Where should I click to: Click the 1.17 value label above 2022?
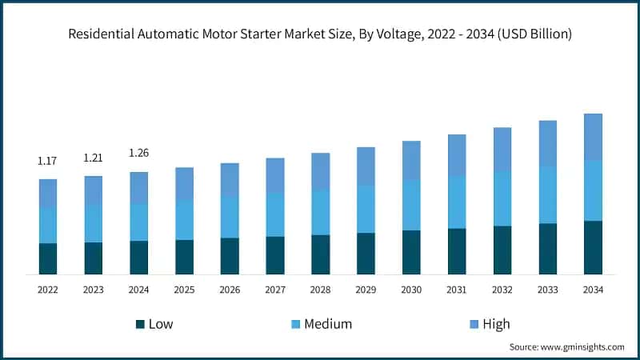pyautogui.click(x=47, y=162)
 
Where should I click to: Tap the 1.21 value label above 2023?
pyautogui.click(x=94, y=158)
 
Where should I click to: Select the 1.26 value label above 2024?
pyautogui.click(x=139, y=153)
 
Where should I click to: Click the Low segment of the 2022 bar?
pyautogui.click(x=48, y=258)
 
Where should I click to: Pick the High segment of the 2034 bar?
pyautogui.click(x=593, y=137)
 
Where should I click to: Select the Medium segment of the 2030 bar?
pyautogui.click(x=411, y=205)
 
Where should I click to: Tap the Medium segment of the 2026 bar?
pyautogui.click(x=230, y=216)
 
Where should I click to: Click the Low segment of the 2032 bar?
pyautogui.click(x=502, y=250)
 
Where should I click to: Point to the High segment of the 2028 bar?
pyautogui.click(x=321, y=171)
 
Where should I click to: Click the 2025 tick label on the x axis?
pyautogui.click(x=184, y=289)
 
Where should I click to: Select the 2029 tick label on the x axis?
pyautogui.click(x=366, y=289)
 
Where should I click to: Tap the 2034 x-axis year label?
pyautogui.click(x=593, y=289)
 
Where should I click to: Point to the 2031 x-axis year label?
pyautogui.click(x=457, y=289)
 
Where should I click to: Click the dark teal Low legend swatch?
pyautogui.click(x=140, y=324)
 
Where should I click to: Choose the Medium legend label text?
pyautogui.click(x=328, y=324)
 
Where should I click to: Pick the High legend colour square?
pyautogui.click(x=474, y=324)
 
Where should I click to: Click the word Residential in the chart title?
pyautogui.click(x=102, y=34)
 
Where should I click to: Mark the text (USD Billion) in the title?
pyautogui.click(x=530, y=34)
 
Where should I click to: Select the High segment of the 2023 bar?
pyautogui.click(x=94, y=190)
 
